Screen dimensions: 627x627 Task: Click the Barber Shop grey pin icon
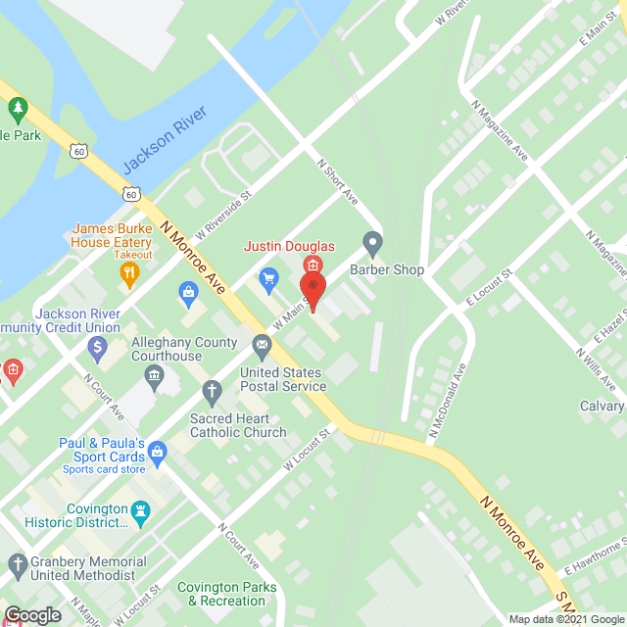372,241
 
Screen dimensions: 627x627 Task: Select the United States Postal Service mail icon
262,344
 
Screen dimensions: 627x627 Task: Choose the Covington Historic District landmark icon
140,510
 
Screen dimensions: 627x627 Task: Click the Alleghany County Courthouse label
185,349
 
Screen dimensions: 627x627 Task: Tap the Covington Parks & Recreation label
227,594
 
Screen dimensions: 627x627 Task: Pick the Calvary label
601,406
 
